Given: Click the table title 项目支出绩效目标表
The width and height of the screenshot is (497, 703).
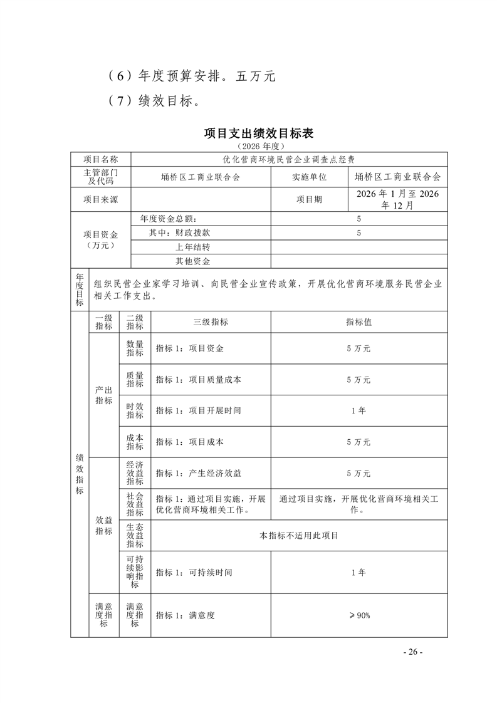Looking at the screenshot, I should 259,133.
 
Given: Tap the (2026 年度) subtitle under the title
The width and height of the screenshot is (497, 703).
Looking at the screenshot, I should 259,145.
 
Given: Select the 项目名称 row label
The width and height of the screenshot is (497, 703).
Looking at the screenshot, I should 101,160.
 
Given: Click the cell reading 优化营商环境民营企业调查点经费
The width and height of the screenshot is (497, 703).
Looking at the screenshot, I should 289,160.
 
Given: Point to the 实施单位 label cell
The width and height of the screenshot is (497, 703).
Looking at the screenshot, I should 309,177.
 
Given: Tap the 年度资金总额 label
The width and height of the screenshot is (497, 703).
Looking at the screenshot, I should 168,219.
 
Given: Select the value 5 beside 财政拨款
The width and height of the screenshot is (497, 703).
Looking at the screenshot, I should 358,233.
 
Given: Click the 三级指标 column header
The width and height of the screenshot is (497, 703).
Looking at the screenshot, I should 211,322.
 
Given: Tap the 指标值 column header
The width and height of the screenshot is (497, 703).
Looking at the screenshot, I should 358,322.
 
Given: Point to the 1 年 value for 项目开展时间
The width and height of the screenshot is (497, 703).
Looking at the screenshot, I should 358,410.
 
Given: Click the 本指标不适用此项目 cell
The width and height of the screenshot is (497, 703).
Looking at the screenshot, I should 299,536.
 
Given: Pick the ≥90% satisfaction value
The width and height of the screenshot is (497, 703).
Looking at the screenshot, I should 359,615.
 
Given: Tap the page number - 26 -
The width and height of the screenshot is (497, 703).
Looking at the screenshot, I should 413,652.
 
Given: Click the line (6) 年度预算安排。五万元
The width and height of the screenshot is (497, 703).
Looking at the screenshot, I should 191,76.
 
